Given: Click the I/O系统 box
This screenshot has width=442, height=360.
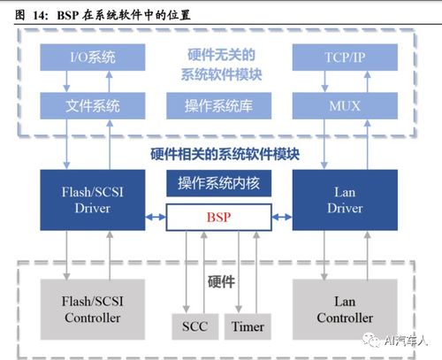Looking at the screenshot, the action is point(93,57).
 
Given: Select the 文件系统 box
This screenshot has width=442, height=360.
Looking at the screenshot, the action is point(93,105).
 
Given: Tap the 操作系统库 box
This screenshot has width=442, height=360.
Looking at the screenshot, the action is point(218,105).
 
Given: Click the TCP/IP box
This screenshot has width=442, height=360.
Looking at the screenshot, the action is point(345,57).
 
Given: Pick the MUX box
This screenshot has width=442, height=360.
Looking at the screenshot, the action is point(345,105).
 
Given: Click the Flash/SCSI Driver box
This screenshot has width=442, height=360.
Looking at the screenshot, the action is point(93,200).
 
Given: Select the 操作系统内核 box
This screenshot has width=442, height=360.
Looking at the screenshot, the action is point(218,183).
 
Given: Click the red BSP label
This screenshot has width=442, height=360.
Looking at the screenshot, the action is point(218,218).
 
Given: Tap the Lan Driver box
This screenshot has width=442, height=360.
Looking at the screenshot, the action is point(345,200).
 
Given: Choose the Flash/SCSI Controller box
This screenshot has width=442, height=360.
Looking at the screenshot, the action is point(93,310).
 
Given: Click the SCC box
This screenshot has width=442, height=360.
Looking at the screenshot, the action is point(195,326).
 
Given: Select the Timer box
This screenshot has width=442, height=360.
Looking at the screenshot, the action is point(248,326).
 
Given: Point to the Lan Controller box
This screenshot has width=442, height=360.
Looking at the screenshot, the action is point(345,310).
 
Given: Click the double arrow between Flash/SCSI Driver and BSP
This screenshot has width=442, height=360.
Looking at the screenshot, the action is point(156,218).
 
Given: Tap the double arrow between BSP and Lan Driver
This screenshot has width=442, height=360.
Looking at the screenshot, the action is point(282,218).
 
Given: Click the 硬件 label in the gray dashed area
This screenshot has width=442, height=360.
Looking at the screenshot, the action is point(221,282).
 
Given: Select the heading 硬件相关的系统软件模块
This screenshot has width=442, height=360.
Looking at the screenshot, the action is point(225,154).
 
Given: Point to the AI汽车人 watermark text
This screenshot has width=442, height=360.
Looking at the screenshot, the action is point(406,341).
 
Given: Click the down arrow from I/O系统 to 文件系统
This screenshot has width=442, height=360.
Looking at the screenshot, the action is point(66,81).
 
